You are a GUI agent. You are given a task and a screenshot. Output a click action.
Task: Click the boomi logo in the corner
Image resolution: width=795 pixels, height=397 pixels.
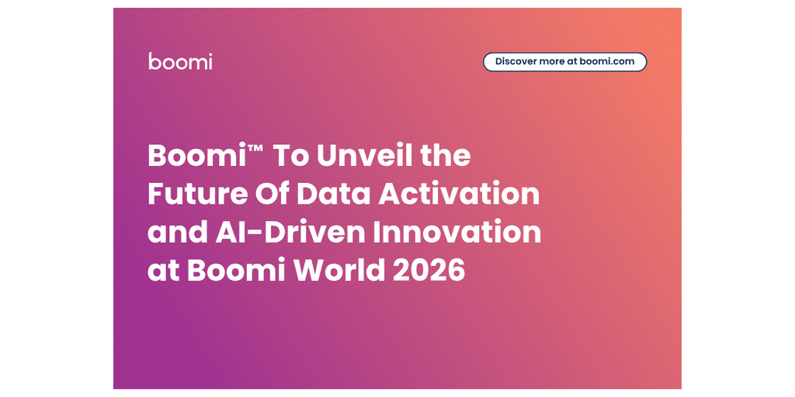[x=180, y=61]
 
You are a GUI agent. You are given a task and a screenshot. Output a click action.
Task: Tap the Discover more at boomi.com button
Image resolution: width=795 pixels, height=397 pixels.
[x=564, y=61]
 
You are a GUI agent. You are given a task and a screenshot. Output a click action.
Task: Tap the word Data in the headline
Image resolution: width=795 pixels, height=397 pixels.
[x=336, y=194]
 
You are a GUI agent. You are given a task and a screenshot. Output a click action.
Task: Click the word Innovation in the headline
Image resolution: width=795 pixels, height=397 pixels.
[x=459, y=232]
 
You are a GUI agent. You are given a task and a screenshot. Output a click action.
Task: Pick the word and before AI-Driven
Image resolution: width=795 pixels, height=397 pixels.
[x=174, y=232]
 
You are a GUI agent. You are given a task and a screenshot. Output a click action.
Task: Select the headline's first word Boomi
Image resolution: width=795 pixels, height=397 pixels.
[x=197, y=157]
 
